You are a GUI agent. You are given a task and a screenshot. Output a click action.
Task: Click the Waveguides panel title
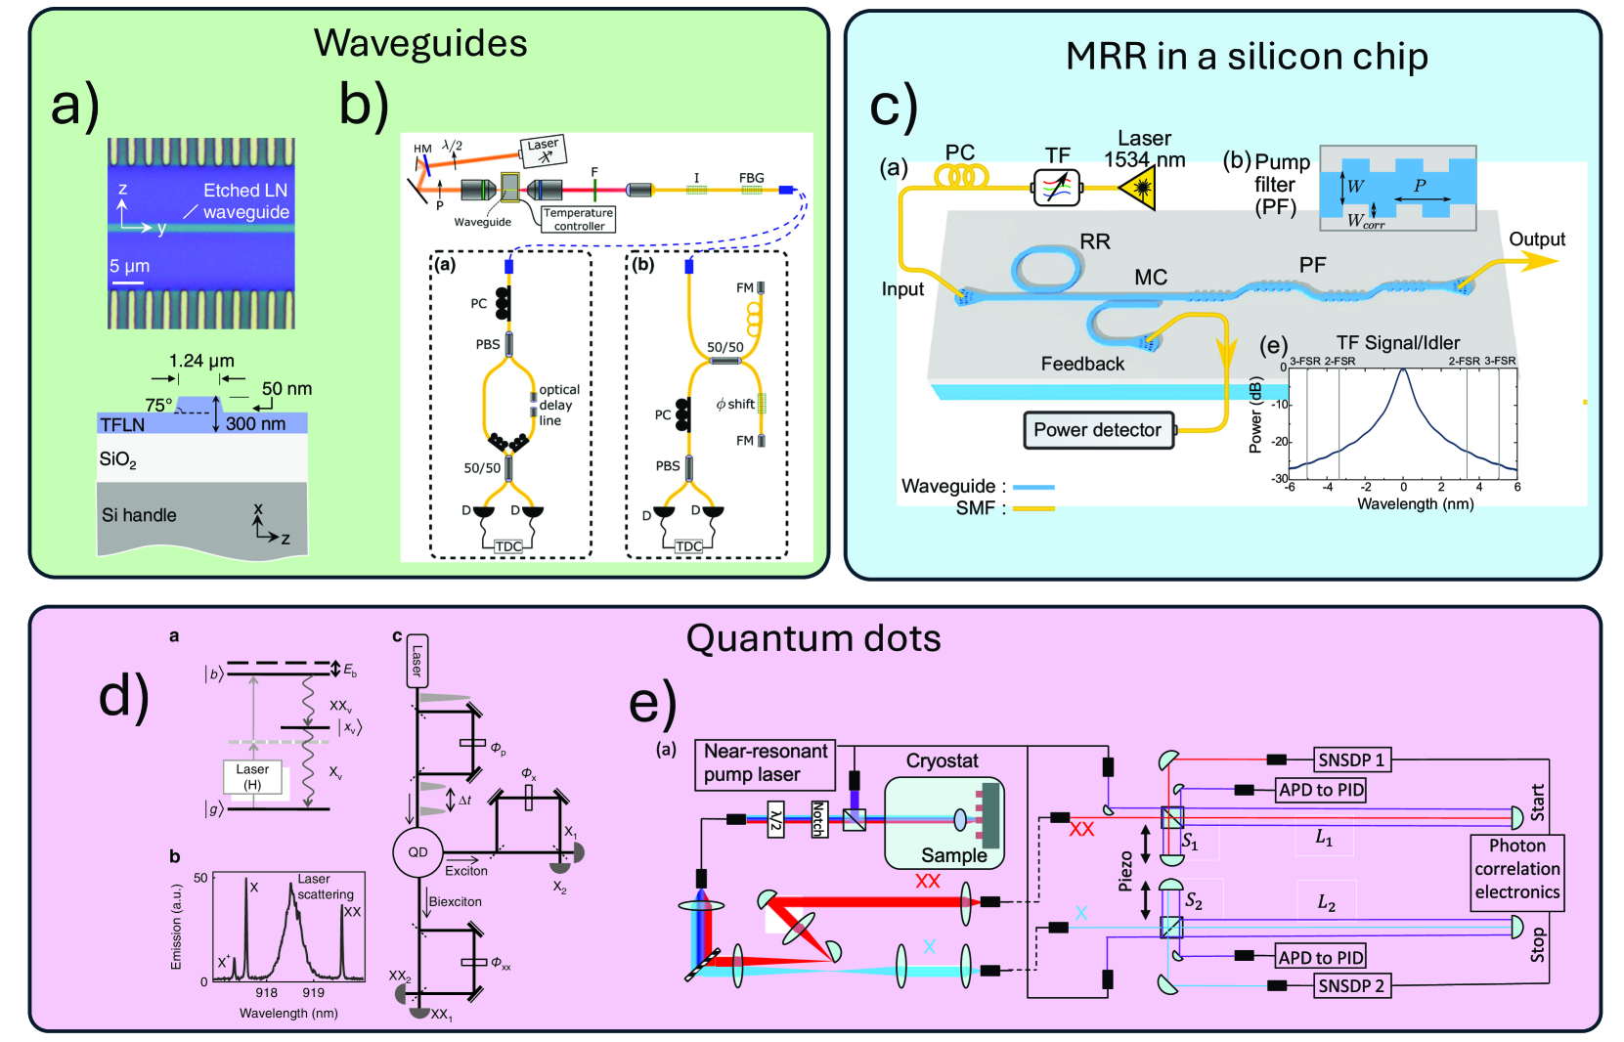420,44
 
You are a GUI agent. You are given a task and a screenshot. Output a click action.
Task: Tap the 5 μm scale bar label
129,266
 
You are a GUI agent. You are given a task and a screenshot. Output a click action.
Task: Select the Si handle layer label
139,515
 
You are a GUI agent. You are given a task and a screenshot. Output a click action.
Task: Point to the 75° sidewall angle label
158,405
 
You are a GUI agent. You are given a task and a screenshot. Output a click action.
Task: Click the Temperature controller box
578,219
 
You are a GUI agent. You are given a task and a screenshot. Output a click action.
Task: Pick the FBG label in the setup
751,178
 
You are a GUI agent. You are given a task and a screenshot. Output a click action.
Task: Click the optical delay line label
558,405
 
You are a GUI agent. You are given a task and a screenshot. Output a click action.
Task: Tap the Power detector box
1097,430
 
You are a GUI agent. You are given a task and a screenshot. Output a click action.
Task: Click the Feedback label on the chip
1082,364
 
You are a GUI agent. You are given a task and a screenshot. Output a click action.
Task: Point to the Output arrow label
1536,239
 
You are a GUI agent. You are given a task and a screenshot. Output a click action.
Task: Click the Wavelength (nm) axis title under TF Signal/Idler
1415,504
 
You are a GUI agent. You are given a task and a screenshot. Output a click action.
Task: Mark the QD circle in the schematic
417,852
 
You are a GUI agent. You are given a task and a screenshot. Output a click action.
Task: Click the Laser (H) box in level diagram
252,777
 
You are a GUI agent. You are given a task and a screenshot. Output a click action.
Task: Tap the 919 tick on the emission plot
313,992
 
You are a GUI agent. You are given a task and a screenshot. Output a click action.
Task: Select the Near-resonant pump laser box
766,763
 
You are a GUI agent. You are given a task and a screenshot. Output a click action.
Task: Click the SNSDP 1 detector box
1350,760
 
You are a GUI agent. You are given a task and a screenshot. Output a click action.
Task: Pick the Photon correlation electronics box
1516,869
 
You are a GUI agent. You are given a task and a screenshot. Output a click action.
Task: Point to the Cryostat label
942,760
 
